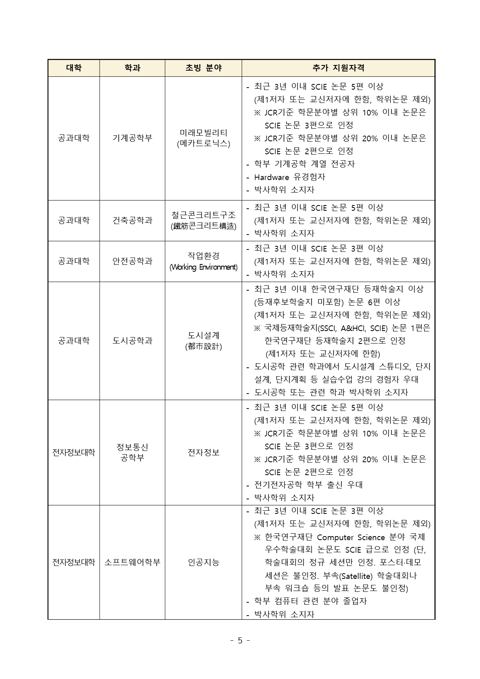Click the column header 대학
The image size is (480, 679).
click(74, 68)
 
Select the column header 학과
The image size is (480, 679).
click(132, 68)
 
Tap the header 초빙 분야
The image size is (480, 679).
click(203, 68)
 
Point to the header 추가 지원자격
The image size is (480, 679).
click(338, 68)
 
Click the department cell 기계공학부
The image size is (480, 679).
click(132, 138)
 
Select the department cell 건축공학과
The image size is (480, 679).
click(132, 220)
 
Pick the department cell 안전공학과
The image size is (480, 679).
click(132, 261)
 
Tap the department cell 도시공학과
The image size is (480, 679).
click(132, 341)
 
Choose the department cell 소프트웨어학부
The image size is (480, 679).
click(132, 562)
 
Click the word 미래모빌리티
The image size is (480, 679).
click(203, 133)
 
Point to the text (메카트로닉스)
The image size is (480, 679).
click(203, 144)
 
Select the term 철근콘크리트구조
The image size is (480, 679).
click(203, 215)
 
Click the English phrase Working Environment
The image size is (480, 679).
click(203, 267)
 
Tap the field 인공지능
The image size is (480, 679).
click(203, 562)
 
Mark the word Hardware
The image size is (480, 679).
click(271, 177)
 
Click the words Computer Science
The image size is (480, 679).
click(351, 537)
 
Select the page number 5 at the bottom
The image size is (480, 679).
click(240, 640)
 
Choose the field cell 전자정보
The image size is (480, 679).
click(203, 453)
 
